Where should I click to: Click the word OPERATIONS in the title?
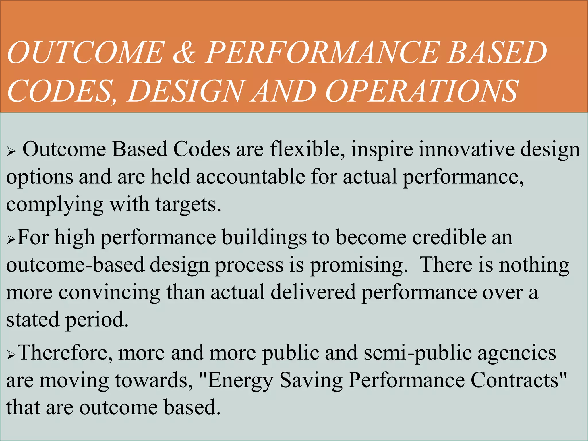point(422,91)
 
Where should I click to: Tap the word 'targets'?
point(188,205)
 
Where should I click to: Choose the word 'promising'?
point(358,265)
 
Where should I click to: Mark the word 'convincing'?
point(109,293)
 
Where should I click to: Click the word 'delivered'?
point(313,292)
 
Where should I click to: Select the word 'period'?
point(96,320)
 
